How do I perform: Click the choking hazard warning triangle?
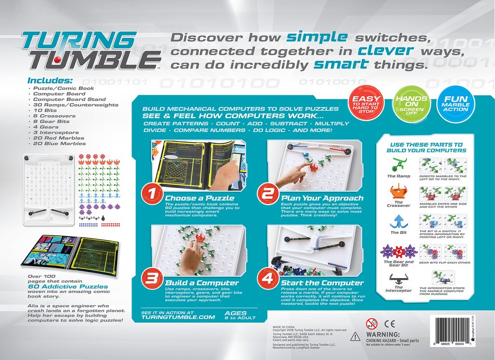355,335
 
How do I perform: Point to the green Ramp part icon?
399,165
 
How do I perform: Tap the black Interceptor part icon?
399,278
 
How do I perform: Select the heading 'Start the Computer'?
322,283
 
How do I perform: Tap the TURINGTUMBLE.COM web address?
177,317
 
